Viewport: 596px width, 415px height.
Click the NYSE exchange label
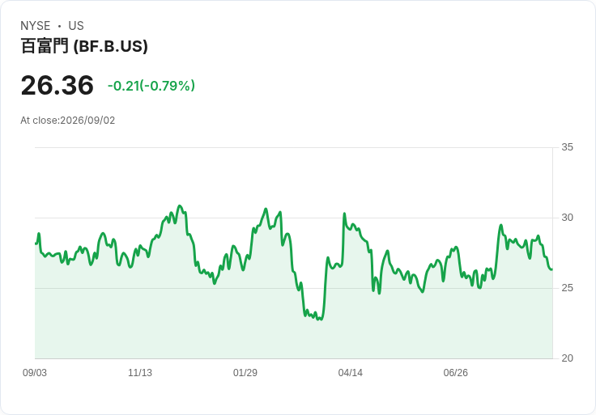pyautogui.click(x=36, y=26)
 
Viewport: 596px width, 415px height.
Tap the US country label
pyautogui.click(x=76, y=26)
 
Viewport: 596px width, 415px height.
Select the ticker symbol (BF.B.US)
pyautogui.click(x=110, y=46)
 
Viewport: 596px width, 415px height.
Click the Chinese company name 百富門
pyautogui.click(x=45, y=46)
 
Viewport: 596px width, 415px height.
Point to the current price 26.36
pyautogui.click(x=57, y=85)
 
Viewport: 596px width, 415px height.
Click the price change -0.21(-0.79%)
pyautogui.click(x=151, y=86)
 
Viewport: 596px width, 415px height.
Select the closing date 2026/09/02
pyautogui.click(x=87, y=121)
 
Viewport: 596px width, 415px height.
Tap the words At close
pyautogui.click(x=39, y=121)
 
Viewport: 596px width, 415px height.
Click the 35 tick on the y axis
pyautogui.click(x=567, y=147)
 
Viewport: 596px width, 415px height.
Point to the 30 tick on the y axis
pyautogui.click(x=567, y=218)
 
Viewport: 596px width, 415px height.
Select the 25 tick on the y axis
pyautogui.click(x=567, y=288)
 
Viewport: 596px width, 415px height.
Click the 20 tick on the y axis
pyautogui.click(x=567, y=358)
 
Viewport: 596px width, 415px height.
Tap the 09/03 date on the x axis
pyautogui.click(x=35, y=373)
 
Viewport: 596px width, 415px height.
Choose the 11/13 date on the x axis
pyautogui.click(x=140, y=373)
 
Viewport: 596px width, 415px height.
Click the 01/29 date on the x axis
pyautogui.click(x=245, y=373)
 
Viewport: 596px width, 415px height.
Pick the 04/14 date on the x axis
pyautogui.click(x=351, y=373)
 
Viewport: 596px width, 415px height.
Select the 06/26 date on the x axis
pyautogui.click(x=455, y=373)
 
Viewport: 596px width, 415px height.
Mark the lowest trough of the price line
pyautogui.click(x=321, y=320)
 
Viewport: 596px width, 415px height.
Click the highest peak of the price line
pyautogui.click(x=180, y=205)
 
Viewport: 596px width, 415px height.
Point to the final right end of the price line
pyautogui.click(x=552, y=269)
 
